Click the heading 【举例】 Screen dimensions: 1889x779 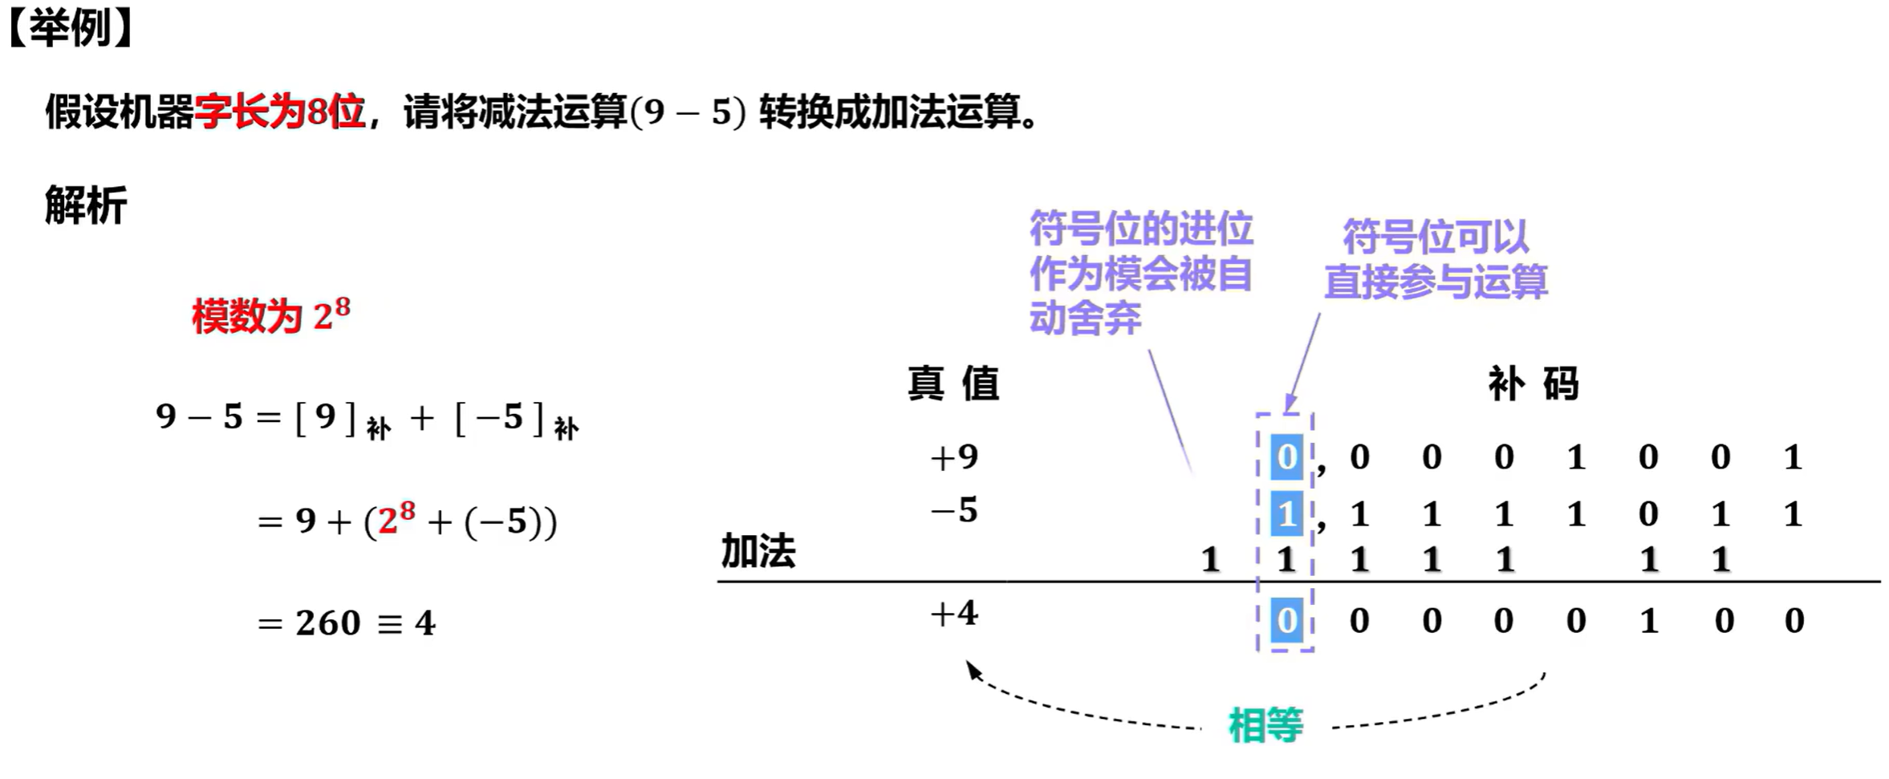[x=71, y=29]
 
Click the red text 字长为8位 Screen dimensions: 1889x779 [x=279, y=112]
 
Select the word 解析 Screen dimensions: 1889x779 [x=86, y=205]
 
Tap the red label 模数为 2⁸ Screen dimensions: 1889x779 [x=270, y=315]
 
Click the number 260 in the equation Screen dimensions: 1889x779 [x=327, y=623]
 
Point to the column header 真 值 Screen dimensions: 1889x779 [x=953, y=383]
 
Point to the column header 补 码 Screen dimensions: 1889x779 [x=1533, y=383]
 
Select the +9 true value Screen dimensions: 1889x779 [x=953, y=457]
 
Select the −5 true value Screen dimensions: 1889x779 [x=953, y=510]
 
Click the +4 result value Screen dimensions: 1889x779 [x=953, y=615]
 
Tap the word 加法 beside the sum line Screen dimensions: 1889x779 [x=758, y=551]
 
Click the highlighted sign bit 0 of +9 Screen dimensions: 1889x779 [x=1286, y=457]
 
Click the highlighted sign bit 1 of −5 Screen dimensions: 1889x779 [x=1286, y=513]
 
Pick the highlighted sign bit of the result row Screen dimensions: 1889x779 [x=1286, y=620]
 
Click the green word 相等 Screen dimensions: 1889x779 [x=1265, y=726]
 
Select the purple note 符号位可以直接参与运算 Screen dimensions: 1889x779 [x=1435, y=259]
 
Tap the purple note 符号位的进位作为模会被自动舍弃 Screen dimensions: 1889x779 [x=1140, y=274]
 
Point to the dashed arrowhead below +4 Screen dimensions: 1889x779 [x=973, y=669]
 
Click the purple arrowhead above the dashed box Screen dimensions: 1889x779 [x=1290, y=404]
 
